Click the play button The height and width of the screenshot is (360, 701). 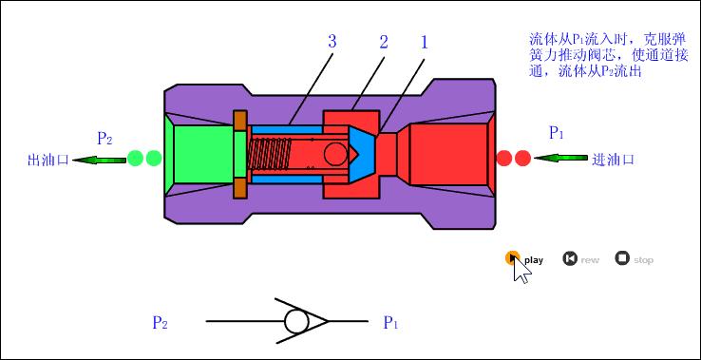[512, 258]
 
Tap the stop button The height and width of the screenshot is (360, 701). [622, 258]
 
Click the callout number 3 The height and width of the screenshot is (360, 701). [332, 42]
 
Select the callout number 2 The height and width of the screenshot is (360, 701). [384, 42]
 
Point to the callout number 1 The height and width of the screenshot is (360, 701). [425, 42]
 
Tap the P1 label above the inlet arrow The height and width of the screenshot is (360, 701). [557, 133]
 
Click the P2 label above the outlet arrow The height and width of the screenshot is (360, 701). [104, 139]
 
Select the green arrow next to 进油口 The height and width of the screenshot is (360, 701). [560, 158]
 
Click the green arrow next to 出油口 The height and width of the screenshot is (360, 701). [99, 160]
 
